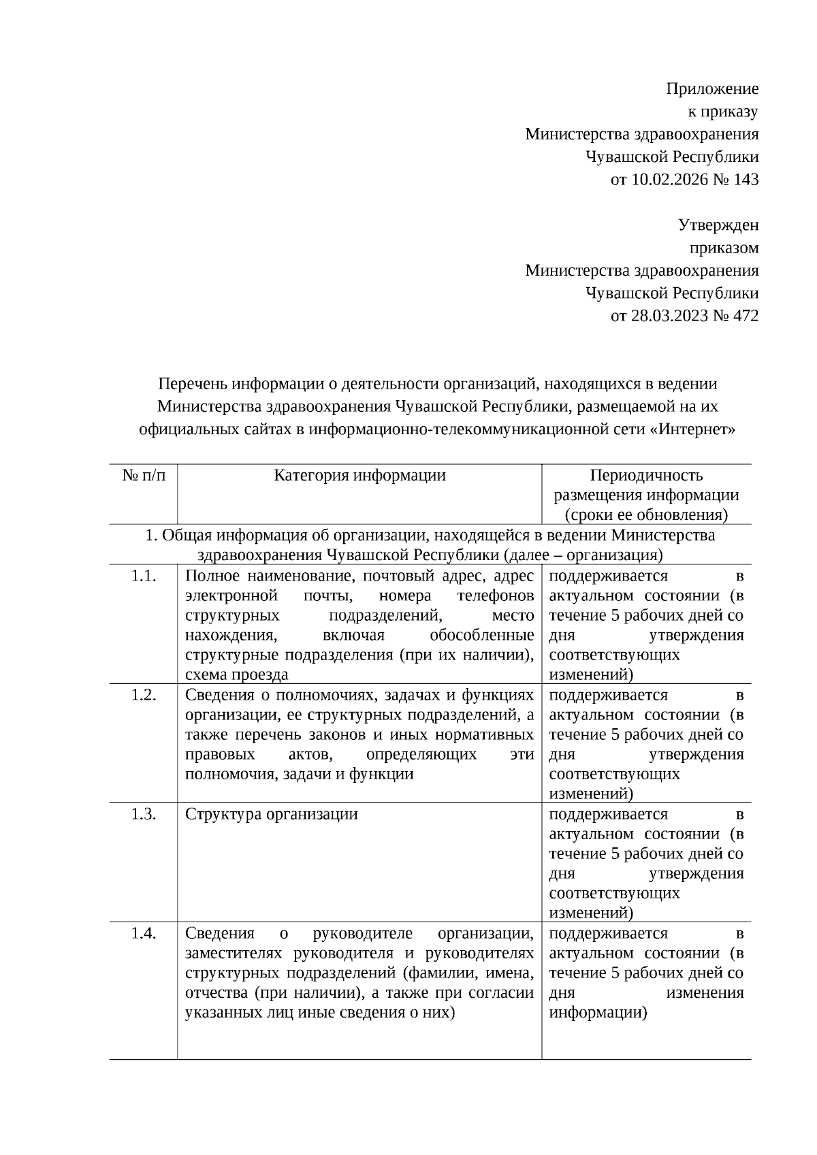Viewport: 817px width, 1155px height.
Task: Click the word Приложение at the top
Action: pyautogui.click(x=712, y=88)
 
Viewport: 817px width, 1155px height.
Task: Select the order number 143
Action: pyautogui.click(x=746, y=180)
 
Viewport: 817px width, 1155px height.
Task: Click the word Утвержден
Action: pyautogui.click(x=718, y=225)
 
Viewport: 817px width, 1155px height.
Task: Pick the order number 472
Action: pyautogui.click(x=746, y=316)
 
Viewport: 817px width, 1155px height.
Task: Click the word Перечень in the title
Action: pyautogui.click(x=193, y=384)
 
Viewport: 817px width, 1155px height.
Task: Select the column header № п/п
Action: pyautogui.click(x=144, y=475)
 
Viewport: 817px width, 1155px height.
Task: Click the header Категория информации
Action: pyautogui.click(x=359, y=475)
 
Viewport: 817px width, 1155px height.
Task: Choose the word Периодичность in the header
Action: pyautogui.click(x=646, y=475)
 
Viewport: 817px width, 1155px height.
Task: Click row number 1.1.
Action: pyautogui.click(x=144, y=576)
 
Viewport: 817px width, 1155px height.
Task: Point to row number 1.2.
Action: pyautogui.click(x=144, y=695)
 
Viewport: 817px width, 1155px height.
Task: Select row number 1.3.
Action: pyautogui.click(x=144, y=814)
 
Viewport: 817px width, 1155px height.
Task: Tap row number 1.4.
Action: pyautogui.click(x=144, y=933)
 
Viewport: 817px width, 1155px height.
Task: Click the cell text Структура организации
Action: pyautogui.click(x=271, y=814)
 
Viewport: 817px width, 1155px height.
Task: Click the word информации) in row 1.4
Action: pyautogui.click(x=598, y=1012)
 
